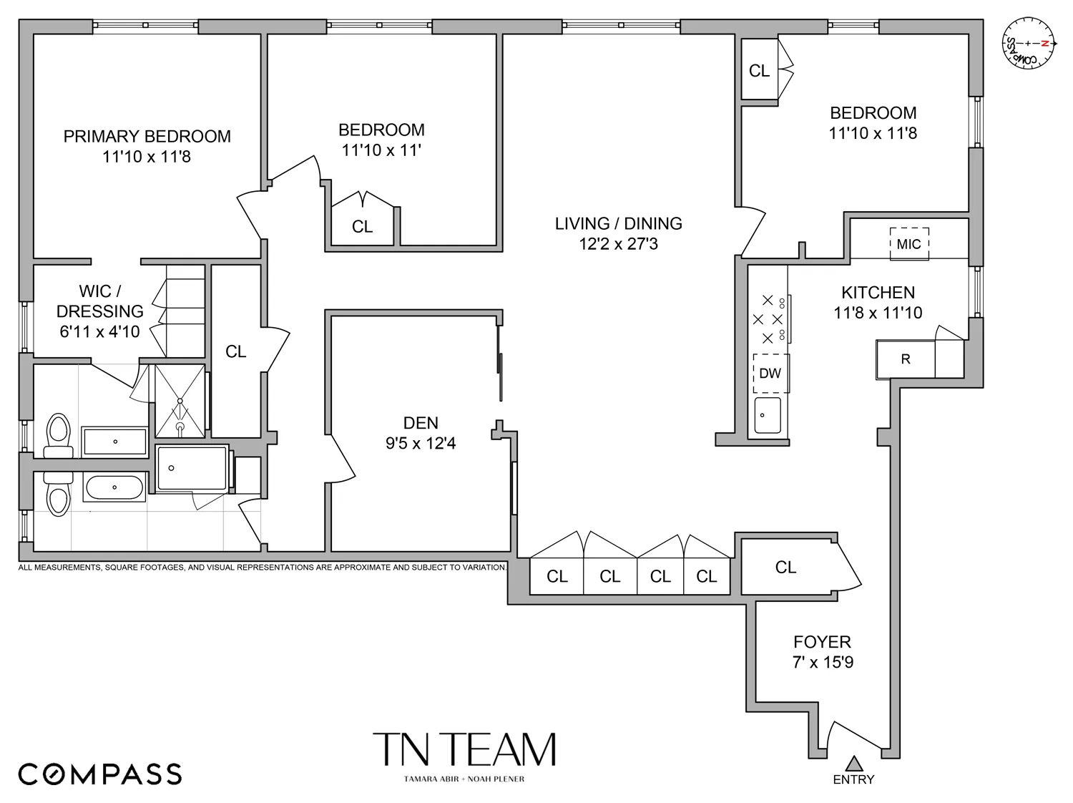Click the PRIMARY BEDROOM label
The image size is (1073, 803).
tap(147, 137)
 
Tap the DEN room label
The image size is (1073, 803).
tap(421, 423)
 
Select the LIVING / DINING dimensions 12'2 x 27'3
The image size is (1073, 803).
tap(618, 244)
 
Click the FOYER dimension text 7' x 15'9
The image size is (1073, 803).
tap(822, 662)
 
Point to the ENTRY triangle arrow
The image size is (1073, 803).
tap(853, 763)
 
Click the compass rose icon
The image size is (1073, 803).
tap(1029, 44)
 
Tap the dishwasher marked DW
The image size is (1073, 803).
tap(770, 373)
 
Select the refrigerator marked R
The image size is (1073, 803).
tap(906, 359)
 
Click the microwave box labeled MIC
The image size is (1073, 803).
tap(908, 244)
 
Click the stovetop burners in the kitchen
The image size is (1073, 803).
tap(769, 319)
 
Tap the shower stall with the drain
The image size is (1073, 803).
tap(180, 401)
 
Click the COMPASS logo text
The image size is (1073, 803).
tap(99, 774)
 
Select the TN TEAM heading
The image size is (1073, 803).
tap(464, 750)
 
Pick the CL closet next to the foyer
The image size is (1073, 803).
tap(785, 568)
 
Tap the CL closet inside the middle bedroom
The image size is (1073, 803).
tap(363, 226)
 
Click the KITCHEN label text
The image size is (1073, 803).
tap(878, 293)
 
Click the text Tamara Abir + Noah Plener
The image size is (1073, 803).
tap(464, 779)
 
